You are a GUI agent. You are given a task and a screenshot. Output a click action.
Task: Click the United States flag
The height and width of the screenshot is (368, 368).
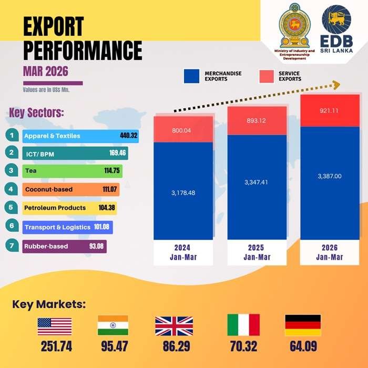point(55,325)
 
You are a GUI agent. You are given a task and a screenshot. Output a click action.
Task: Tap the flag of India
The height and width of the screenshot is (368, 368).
point(113,325)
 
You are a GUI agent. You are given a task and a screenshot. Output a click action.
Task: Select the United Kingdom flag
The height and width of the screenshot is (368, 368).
point(173,325)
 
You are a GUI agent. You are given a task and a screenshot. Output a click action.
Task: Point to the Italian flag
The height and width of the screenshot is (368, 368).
point(243,325)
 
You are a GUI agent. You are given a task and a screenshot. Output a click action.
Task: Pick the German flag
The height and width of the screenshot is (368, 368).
point(302,325)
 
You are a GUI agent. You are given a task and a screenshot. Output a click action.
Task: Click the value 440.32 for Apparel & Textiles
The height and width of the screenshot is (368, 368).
point(128,136)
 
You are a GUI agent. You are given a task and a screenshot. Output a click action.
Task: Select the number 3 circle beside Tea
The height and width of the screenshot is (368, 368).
point(11,170)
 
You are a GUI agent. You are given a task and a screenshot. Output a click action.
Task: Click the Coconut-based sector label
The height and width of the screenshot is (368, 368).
point(48,189)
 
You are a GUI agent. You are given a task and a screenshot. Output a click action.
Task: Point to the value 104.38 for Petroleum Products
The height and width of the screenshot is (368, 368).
point(107,208)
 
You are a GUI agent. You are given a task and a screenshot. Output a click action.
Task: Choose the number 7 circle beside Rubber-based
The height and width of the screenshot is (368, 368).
point(11,246)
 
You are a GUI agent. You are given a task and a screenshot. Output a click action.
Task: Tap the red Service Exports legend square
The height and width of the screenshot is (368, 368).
point(268,76)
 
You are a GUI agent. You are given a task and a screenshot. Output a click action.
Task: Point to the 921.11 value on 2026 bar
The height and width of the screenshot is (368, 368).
point(330,111)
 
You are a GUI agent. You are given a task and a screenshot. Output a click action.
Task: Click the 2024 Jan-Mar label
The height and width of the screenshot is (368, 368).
point(183,252)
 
